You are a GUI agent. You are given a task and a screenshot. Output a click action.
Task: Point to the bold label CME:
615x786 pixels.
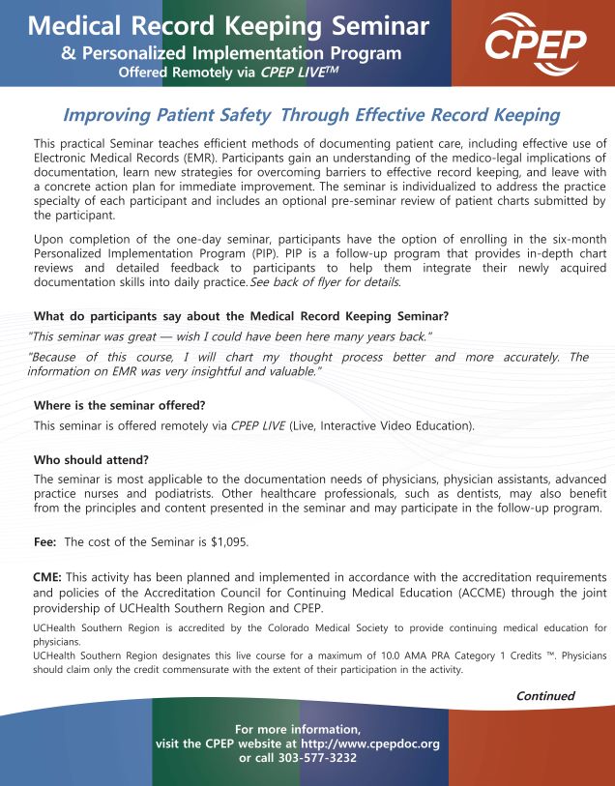click(48, 576)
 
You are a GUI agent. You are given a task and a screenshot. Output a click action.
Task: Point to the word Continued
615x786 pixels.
click(545, 695)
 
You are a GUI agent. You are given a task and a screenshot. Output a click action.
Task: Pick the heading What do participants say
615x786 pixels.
click(241, 316)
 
